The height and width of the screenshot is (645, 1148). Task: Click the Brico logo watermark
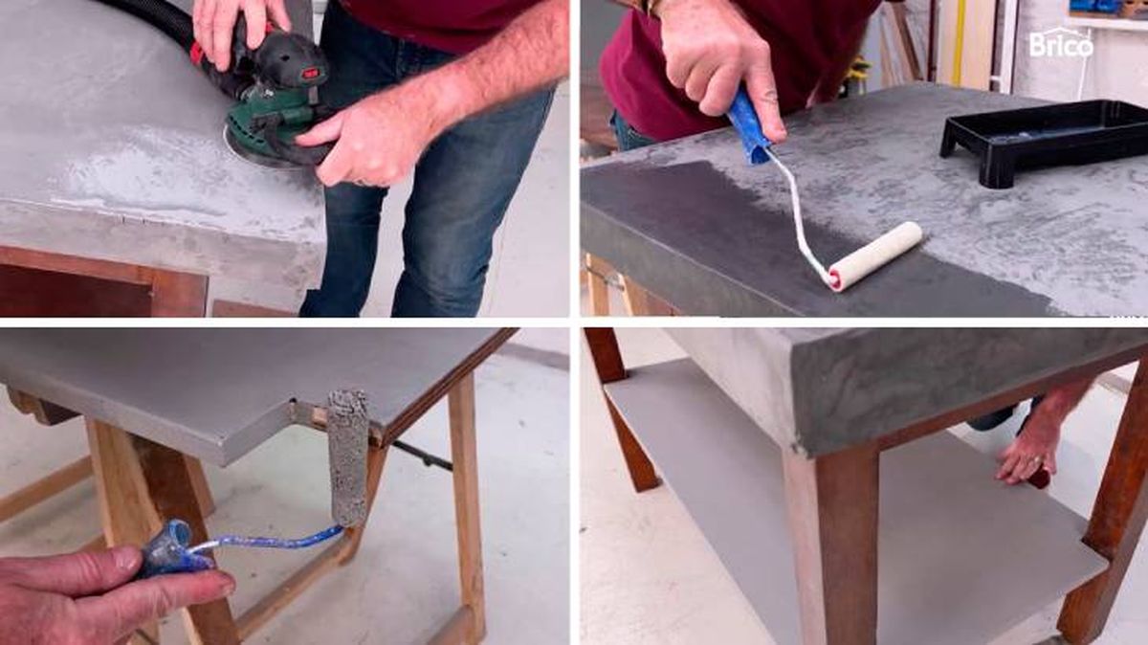[x=1061, y=44]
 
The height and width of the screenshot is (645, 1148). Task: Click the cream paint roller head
[x=875, y=256]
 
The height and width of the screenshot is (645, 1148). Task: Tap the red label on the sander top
[x=309, y=74]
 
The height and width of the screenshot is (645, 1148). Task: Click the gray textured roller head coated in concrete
[x=348, y=457]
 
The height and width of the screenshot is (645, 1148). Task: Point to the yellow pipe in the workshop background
[x=958, y=41]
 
